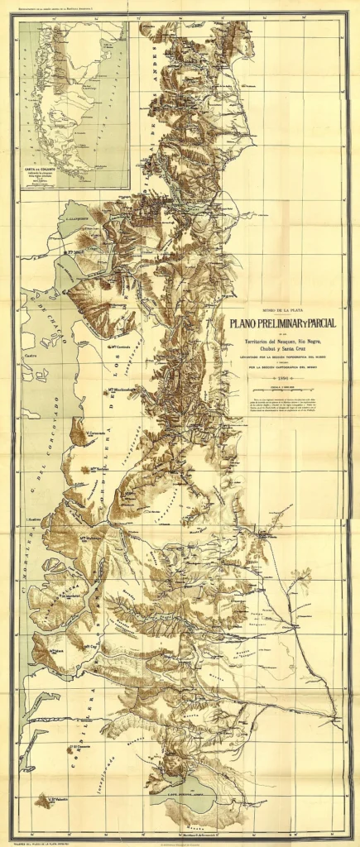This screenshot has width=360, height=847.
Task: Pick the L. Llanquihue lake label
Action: (x=75, y=218)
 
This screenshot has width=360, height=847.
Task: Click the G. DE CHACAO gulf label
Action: (x=46, y=317)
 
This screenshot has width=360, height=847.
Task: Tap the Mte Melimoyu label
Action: (x=90, y=538)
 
